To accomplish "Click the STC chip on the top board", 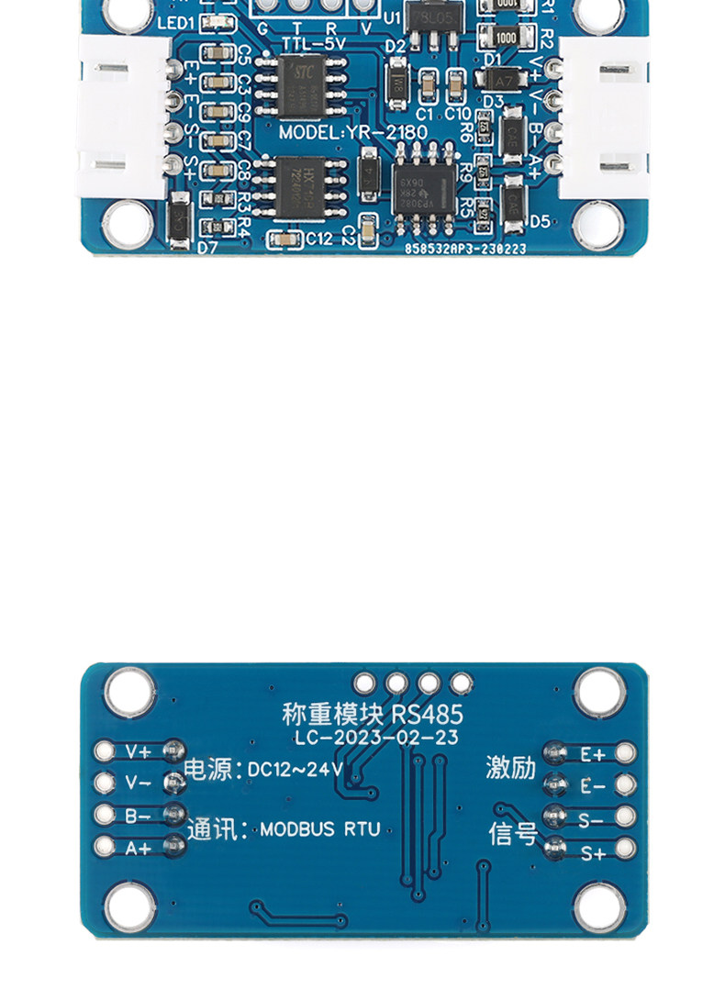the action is (302, 82).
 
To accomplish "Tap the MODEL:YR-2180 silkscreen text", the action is (353, 133).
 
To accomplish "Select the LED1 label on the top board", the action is (175, 22).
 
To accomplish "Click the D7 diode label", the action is (207, 247).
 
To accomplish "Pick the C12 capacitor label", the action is (319, 239).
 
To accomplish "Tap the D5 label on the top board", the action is (540, 221).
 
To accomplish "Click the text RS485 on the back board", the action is (427, 714).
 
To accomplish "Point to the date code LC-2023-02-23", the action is (377, 738).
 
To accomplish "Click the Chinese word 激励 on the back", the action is (510, 768).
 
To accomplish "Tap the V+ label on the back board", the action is (139, 752).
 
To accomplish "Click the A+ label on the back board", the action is (139, 849).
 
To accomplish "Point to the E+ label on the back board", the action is (593, 755).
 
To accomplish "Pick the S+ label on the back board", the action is (593, 853).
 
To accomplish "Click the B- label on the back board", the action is (139, 816).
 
